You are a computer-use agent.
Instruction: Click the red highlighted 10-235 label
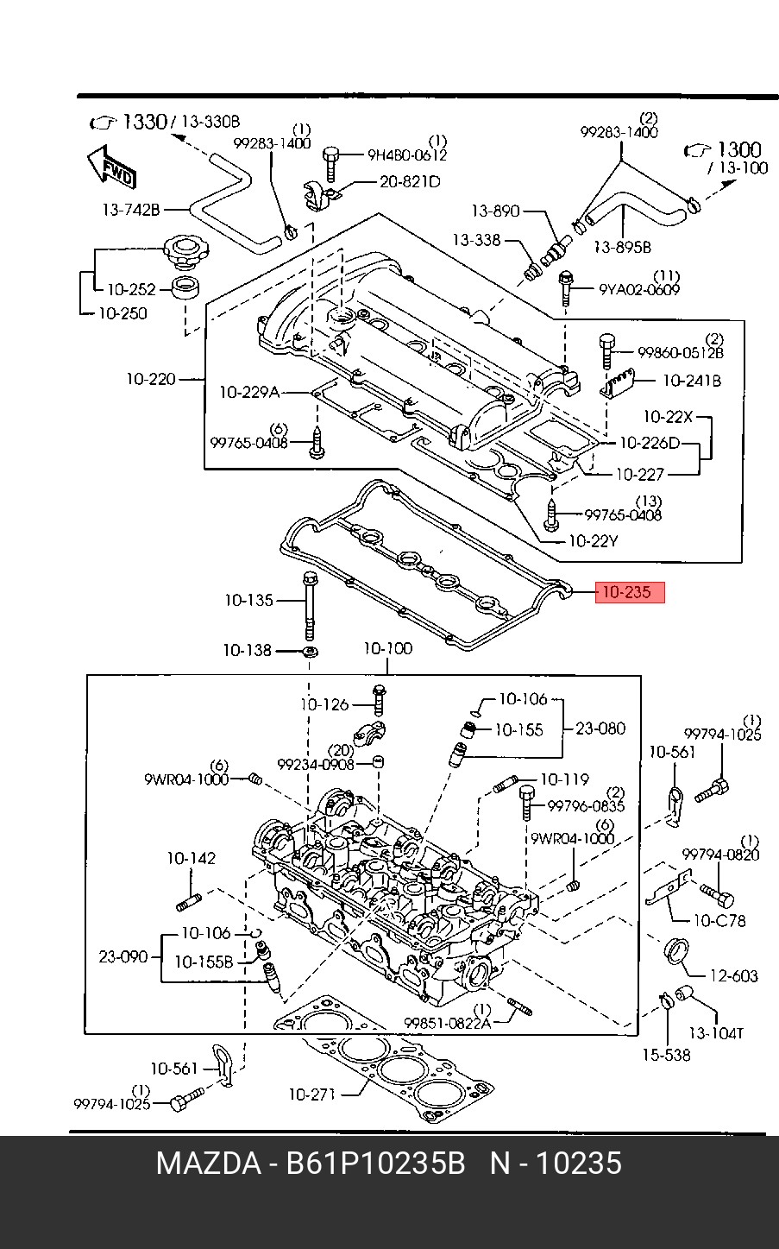(x=630, y=592)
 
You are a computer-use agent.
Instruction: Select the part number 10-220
(x=151, y=379)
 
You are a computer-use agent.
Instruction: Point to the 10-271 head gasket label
(x=311, y=1094)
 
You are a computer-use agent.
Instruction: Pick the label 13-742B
(x=131, y=210)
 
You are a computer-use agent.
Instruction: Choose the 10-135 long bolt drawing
(x=309, y=606)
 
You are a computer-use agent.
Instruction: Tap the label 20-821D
(x=410, y=182)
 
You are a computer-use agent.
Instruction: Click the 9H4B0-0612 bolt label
(x=407, y=155)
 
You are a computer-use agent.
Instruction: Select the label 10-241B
(x=692, y=381)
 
